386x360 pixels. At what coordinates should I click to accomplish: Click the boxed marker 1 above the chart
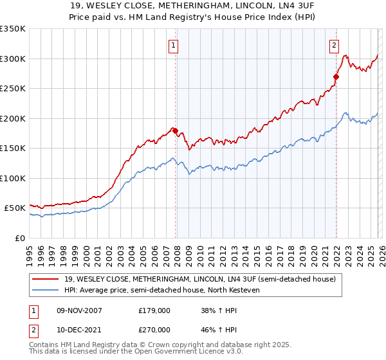tap(174, 45)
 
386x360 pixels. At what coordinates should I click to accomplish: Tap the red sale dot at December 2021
tap(336, 76)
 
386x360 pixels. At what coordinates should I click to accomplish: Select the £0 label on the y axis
tap(19, 238)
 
